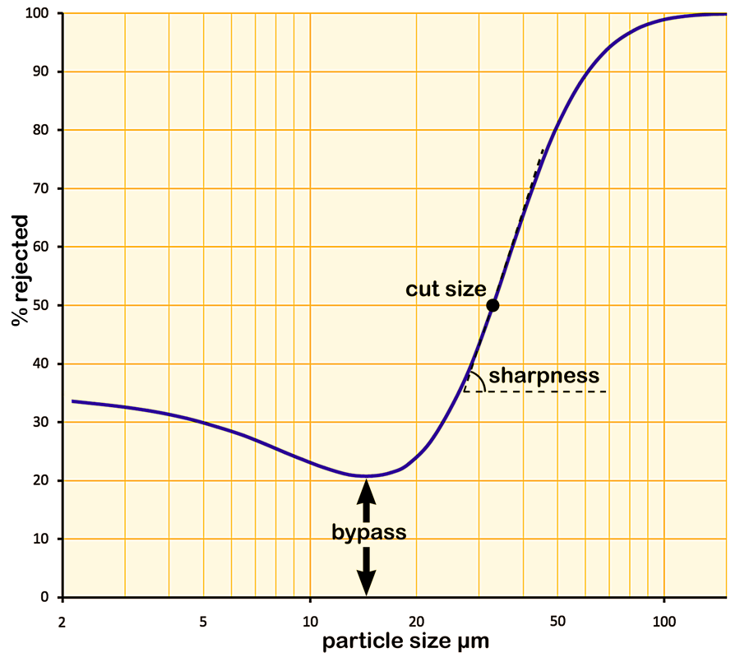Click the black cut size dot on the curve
493,305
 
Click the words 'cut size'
446,289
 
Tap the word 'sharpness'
543,376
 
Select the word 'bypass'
369,532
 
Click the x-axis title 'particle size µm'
405,641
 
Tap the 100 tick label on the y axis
39,14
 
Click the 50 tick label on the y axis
43,306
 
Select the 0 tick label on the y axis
46,597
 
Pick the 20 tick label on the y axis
43,480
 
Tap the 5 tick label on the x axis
203,619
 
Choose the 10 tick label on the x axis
310,619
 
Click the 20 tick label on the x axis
416,619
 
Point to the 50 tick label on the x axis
557,619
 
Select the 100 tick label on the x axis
664,619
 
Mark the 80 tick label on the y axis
43,131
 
